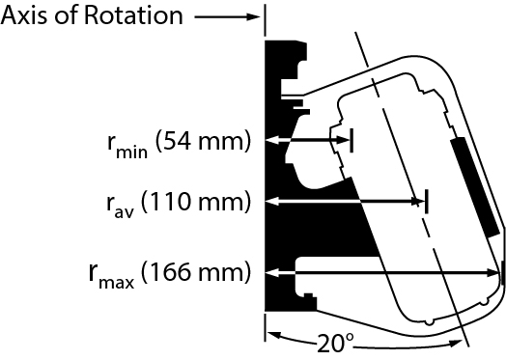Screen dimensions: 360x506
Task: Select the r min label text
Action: click(x=126, y=145)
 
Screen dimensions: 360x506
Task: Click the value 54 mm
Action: click(x=207, y=143)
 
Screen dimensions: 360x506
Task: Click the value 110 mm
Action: click(x=198, y=202)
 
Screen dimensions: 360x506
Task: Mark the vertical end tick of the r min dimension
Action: click(x=352, y=141)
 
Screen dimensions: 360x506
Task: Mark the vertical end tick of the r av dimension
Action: click(x=427, y=202)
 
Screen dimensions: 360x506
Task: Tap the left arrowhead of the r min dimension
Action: click(x=272, y=141)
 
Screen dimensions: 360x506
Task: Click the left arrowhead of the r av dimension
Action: click(x=272, y=202)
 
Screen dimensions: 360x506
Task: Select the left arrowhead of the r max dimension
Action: click(x=272, y=272)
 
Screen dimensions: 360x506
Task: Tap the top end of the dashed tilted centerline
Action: click(x=356, y=36)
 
